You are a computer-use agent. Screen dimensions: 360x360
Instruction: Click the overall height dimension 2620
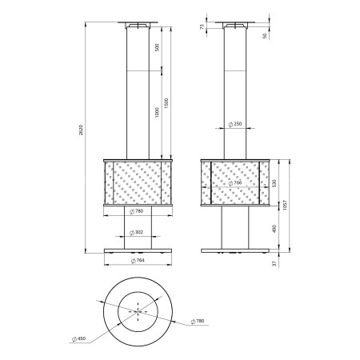tap(81, 130)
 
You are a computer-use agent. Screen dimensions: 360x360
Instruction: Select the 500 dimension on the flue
tap(157, 47)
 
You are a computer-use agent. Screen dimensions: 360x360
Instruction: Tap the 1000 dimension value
tap(157, 112)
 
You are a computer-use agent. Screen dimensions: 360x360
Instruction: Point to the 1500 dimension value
tap(166, 103)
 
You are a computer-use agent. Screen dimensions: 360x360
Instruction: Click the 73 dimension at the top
tap(202, 26)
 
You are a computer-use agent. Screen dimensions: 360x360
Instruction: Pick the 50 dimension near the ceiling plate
tap(265, 36)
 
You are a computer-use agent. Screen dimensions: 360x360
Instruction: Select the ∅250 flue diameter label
tap(235, 124)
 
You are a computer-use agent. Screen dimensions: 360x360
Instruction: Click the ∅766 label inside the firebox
tap(235, 183)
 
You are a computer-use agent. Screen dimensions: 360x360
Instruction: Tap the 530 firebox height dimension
tap(274, 183)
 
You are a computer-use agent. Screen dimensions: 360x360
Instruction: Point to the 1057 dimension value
tap(285, 205)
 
